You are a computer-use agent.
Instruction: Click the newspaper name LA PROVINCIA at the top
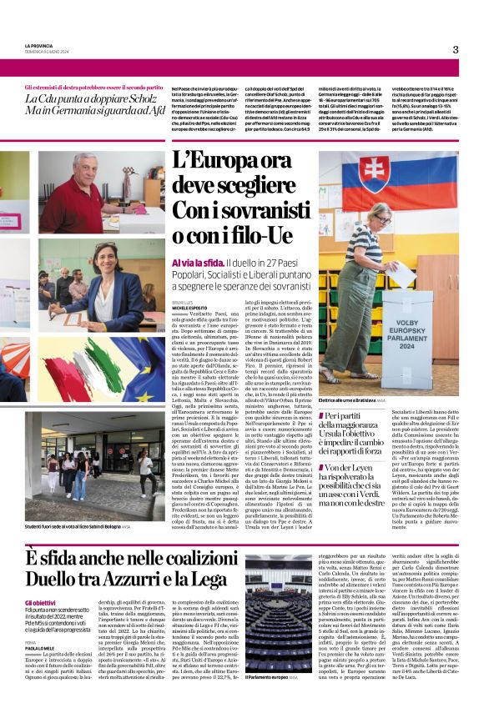click(41, 46)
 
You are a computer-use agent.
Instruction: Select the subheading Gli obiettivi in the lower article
click(40, 577)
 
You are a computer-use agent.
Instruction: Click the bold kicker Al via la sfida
click(197, 263)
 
